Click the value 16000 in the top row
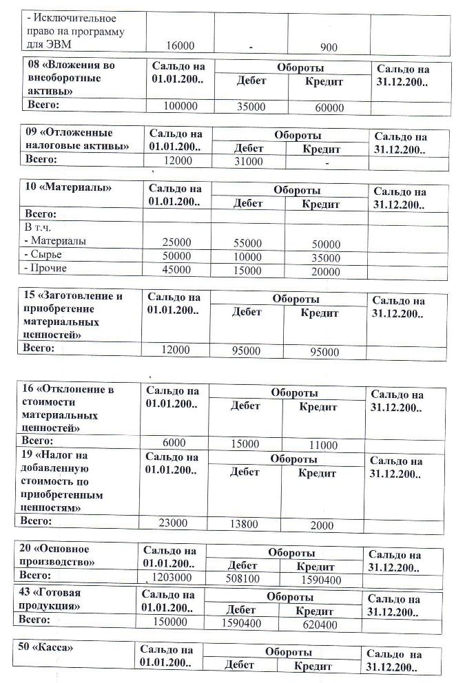[x=181, y=45]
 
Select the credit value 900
[x=329, y=48]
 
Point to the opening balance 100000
[x=180, y=107]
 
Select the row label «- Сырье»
[x=42, y=255]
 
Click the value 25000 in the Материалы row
[x=176, y=243]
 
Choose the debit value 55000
[x=248, y=244]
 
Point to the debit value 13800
[x=244, y=525]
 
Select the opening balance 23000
[x=173, y=523]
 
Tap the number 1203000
[x=172, y=578]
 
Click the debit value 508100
[x=242, y=579]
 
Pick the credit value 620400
[x=320, y=625]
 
